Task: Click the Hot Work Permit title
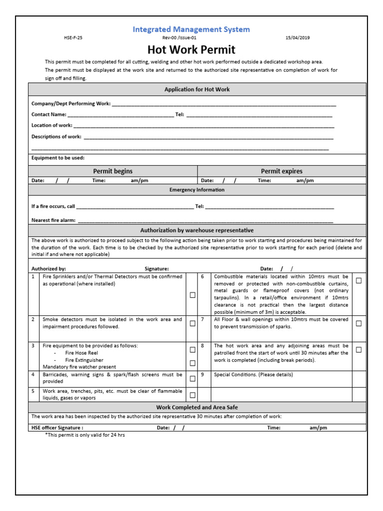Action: click(191, 50)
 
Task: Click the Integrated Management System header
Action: click(191, 29)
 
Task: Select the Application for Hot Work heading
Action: click(197, 89)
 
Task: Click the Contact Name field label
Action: click(49, 114)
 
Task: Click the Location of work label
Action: click(51, 125)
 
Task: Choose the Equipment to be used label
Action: click(58, 158)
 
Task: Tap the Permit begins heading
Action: click(113, 171)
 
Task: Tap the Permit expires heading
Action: click(281, 171)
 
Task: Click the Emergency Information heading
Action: click(197, 190)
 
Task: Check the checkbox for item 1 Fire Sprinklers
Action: click(192, 295)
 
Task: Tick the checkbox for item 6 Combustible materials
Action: click(359, 281)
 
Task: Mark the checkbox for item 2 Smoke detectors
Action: click(192, 323)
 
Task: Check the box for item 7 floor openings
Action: click(359, 323)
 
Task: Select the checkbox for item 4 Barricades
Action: click(192, 378)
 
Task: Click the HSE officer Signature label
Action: click(57, 428)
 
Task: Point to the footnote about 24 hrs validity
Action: click(85, 435)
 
